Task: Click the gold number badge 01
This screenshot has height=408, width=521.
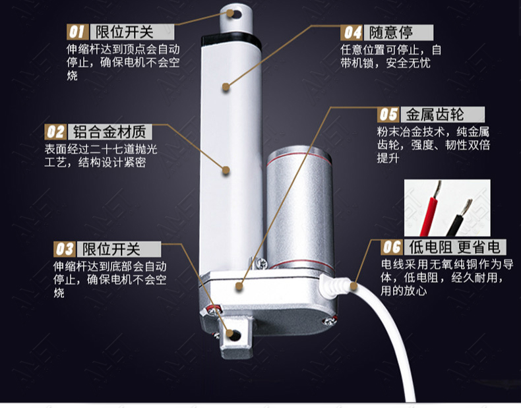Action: [x=78, y=32]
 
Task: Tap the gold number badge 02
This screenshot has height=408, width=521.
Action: [x=55, y=132]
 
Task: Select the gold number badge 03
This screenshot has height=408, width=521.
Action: [x=65, y=249]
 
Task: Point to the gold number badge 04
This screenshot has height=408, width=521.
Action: [x=352, y=32]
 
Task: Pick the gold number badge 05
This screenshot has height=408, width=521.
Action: [x=388, y=115]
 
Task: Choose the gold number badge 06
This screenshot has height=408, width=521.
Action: [x=392, y=247]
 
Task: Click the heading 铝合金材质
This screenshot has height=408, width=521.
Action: [x=109, y=132]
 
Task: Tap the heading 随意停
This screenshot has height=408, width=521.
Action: [x=390, y=32]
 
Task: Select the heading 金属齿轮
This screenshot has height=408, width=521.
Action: [x=435, y=115]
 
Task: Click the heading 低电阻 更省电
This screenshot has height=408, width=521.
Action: [x=454, y=247]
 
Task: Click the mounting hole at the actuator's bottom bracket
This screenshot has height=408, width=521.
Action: [x=235, y=335]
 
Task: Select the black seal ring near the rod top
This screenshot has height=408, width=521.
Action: [x=231, y=39]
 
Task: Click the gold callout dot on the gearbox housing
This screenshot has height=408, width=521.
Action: [x=239, y=286]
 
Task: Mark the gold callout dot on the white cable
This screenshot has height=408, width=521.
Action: [x=353, y=286]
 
